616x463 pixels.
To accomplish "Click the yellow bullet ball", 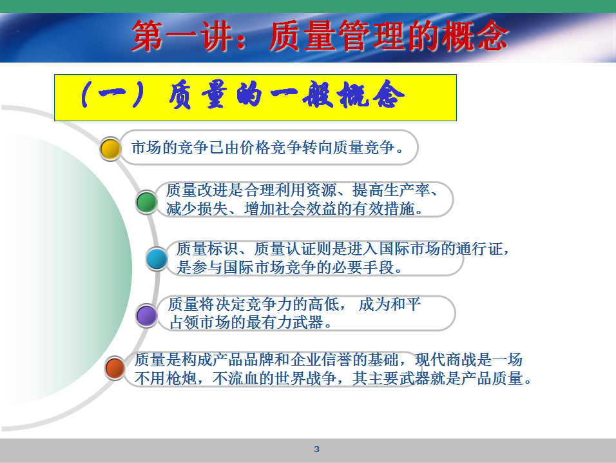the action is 110,148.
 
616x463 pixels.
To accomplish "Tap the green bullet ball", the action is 146,202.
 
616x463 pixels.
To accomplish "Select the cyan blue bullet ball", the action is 157,259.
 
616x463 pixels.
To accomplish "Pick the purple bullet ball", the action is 146,315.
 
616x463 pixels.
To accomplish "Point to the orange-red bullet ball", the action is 115,368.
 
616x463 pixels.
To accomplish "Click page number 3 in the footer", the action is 316,449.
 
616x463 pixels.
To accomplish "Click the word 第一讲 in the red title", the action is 182,36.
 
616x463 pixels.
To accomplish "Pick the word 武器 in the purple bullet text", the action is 309,322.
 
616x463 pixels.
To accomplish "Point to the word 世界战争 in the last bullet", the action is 305,379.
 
